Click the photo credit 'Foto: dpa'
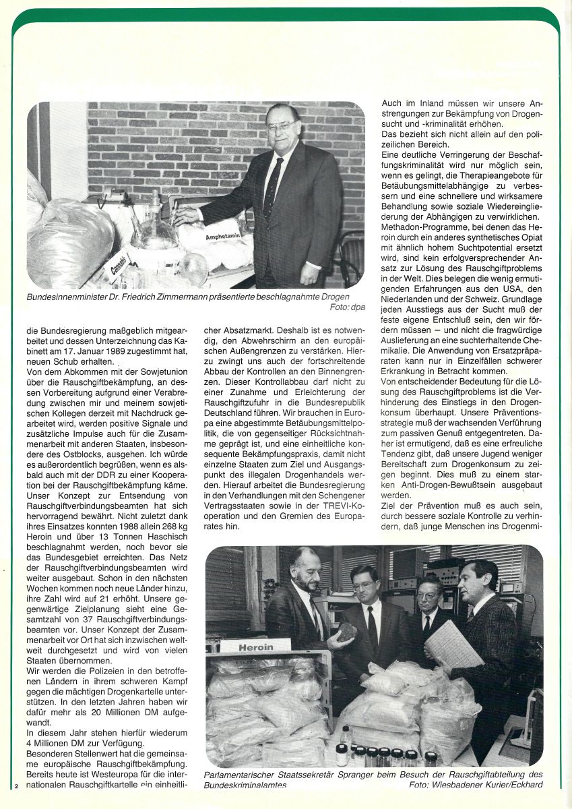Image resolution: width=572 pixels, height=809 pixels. click(x=346, y=307)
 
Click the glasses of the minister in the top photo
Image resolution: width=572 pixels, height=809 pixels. click(x=279, y=126)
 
